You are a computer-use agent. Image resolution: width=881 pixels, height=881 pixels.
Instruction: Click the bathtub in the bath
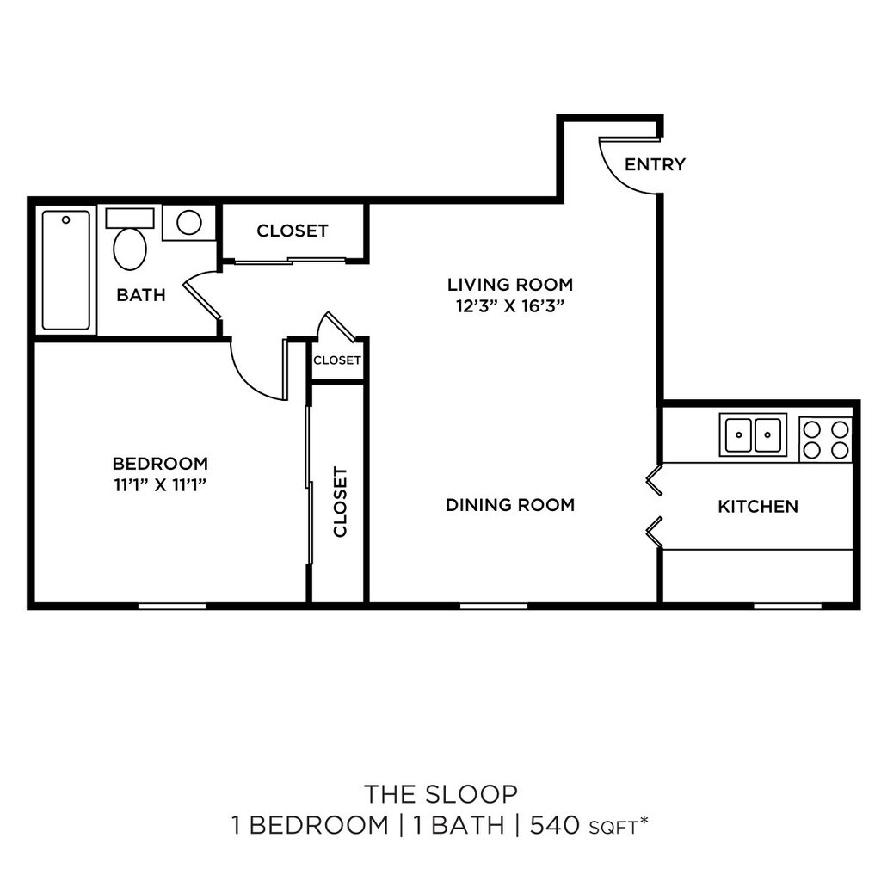[x=66, y=270]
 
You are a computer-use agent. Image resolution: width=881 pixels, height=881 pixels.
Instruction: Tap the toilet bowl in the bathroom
[x=130, y=247]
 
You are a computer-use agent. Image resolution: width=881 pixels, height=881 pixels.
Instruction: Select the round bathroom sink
[x=188, y=223]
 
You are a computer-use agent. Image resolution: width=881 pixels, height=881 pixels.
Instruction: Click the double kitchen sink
[x=753, y=434]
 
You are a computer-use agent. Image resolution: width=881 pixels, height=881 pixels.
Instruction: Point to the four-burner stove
[x=826, y=439]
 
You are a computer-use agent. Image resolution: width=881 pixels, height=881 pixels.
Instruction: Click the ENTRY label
[x=655, y=164]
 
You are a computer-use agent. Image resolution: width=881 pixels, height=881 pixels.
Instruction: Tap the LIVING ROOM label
[x=509, y=284]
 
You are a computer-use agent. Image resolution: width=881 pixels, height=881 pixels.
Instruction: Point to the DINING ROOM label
[x=509, y=505]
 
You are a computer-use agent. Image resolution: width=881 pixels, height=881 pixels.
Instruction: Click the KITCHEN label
[x=758, y=507]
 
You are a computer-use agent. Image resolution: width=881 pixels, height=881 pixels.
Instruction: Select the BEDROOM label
[x=161, y=463]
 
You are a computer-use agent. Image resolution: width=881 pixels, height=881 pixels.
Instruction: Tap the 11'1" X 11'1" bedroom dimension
[x=161, y=484]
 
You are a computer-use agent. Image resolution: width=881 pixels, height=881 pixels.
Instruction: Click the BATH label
[x=141, y=295]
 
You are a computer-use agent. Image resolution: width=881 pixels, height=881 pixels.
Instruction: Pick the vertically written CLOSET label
[x=340, y=502]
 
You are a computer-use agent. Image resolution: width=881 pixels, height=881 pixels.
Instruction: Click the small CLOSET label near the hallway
[x=337, y=360]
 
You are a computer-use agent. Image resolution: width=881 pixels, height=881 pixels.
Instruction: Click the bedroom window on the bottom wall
[x=172, y=606]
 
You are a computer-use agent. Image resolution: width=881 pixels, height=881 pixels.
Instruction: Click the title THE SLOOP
[x=440, y=792]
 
